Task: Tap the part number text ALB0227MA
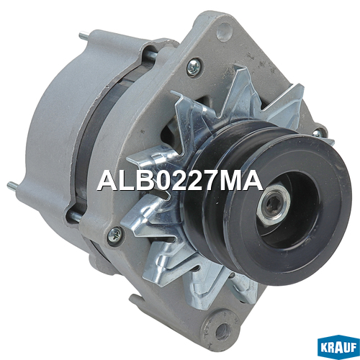point(180,180)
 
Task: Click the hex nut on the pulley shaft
point(274,204)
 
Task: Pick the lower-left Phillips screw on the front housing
point(114,234)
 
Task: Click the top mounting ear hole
point(224,32)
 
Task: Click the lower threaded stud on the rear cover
point(13,186)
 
